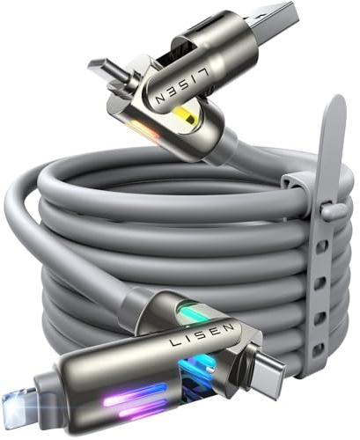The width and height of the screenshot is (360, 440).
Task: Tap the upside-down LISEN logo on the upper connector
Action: [x=182, y=85]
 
